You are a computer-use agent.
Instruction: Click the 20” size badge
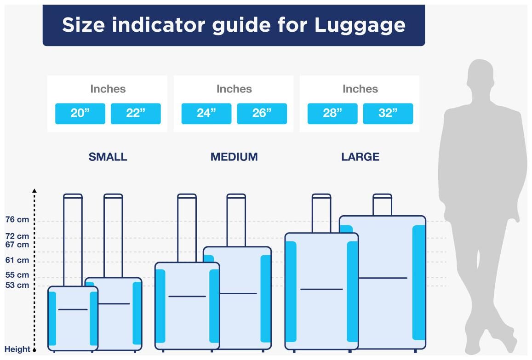pyautogui.click(x=80, y=113)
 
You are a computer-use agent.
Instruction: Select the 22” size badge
pyautogui.click(x=136, y=113)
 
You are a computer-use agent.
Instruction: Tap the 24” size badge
pyautogui.click(x=206, y=113)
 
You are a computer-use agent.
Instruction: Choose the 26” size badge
pyautogui.click(x=262, y=113)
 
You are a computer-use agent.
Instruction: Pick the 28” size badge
pyautogui.click(x=332, y=113)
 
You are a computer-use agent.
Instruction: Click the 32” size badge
pyautogui.click(x=388, y=113)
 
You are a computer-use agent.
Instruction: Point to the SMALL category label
pyautogui.click(x=108, y=157)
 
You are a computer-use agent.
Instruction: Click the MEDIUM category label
pyautogui.click(x=234, y=157)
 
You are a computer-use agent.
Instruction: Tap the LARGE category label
pyautogui.click(x=360, y=157)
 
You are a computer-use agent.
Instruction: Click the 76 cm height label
pyautogui.click(x=17, y=219)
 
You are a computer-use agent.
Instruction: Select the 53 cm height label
pyautogui.click(x=17, y=285)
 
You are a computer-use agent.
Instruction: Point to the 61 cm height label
pyautogui.click(x=17, y=260)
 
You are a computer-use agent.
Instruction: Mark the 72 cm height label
pyautogui.click(x=17, y=236)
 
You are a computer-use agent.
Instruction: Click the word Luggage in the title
pyautogui.click(x=360, y=26)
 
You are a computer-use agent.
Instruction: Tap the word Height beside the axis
pyautogui.click(x=17, y=349)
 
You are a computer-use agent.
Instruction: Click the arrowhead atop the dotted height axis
pyautogui.click(x=34, y=191)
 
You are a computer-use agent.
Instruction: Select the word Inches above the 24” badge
pyautogui.click(x=234, y=89)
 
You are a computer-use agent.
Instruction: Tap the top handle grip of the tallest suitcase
pyautogui.click(x=383, y=196)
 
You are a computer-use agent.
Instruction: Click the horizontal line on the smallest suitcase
pyautogui.click(x=73, y=309)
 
